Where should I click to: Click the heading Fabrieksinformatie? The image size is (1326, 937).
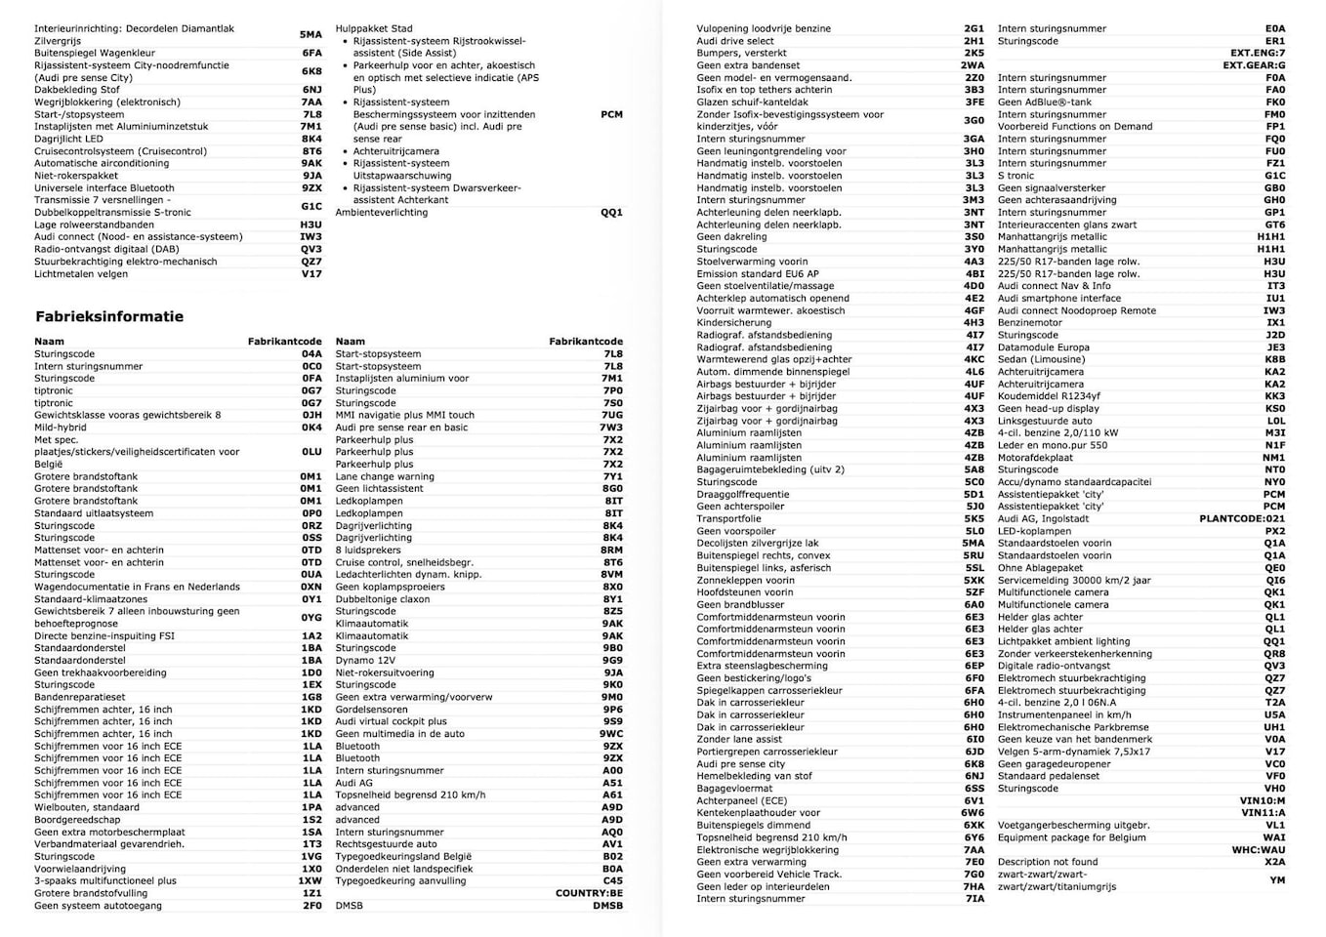click(109, 316)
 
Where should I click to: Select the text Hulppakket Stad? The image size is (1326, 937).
click(374, 29)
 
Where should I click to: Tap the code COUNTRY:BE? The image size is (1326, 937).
click(589, 893)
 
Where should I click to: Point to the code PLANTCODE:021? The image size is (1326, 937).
click(1242, 519)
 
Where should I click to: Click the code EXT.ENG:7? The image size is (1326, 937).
click(1258, 54)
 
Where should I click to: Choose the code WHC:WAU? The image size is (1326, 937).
click(1259, 850)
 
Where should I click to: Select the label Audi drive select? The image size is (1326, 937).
click(735, 41)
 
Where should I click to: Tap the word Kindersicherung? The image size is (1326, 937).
click(733, 323)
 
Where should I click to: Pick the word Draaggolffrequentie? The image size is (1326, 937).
click(744, 495)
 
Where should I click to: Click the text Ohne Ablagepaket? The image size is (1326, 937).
click(1040, 568)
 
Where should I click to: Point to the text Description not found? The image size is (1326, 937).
click(1048, 862)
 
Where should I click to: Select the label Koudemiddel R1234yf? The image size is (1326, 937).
click(1049, 396)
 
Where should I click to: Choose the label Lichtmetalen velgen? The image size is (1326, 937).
click(81, 274)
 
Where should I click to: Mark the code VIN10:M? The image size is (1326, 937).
click(1263, 800)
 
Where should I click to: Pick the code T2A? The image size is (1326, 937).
click(1275, 703)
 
